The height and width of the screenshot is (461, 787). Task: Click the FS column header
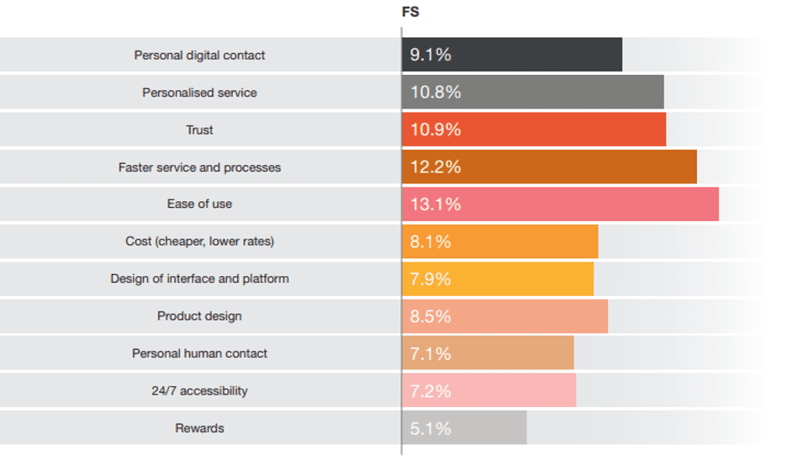point(410,13)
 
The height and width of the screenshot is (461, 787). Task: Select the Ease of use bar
point(560,204)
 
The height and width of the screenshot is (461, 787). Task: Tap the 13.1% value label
point(436,204)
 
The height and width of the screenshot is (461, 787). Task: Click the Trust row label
point(200,130)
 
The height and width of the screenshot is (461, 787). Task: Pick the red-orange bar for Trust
point(534,130)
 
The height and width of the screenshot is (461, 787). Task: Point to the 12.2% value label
point(436,167)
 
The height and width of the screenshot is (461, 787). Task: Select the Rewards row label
point(200,428)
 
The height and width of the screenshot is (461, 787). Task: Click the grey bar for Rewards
point(464,428)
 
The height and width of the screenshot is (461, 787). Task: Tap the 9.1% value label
point(430,55)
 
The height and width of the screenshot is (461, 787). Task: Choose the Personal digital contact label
point(200,56)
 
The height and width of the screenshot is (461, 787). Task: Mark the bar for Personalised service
point(532,93)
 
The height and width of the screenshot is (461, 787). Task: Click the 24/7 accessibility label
point(200,391)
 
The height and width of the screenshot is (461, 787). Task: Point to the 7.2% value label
point(430,391)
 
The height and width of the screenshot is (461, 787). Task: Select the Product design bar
point(504,316)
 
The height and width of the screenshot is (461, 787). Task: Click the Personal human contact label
point(200,353)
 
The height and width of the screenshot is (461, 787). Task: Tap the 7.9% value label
point(430,278)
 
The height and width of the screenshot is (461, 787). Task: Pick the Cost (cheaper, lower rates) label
point(200,241)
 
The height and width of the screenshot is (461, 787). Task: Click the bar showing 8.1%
point(500,241)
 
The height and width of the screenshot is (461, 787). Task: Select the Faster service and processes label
point(200,167)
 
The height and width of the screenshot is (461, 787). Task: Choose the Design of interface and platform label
point(200,278)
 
